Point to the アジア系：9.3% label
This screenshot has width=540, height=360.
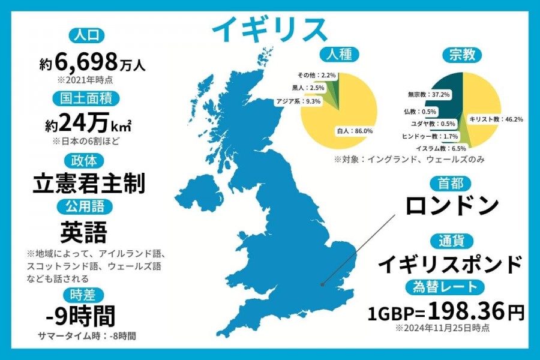298,101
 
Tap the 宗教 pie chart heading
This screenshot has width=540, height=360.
461,55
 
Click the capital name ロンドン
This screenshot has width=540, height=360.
452,205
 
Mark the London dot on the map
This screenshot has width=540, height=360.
323,284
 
